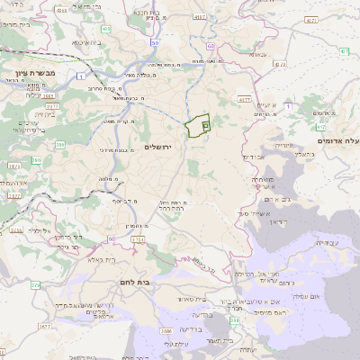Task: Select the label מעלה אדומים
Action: [x=338, y=141]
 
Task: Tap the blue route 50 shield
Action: [x=156, y=42]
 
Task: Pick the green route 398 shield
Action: [x=234, y=318]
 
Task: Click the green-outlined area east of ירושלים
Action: [x=197, y=127]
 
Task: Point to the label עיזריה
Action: [x=284, y=145]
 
